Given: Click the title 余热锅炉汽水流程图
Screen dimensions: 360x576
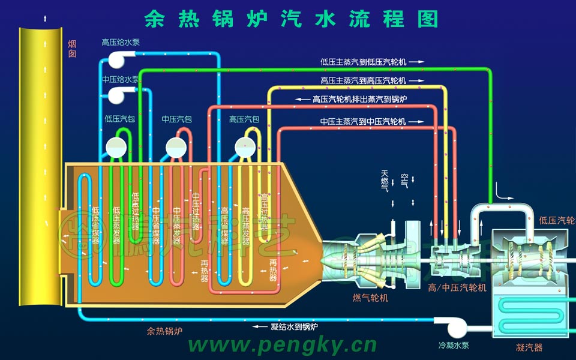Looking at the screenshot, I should [x=292, y=19].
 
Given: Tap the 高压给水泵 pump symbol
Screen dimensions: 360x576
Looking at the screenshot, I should [x=118, y=59].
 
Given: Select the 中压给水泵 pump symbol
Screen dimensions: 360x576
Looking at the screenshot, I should [x=118, y=95].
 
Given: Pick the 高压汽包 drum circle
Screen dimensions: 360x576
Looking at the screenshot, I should [x=244, y=146].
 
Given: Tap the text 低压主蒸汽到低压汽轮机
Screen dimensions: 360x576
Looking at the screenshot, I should [x=364, y=61].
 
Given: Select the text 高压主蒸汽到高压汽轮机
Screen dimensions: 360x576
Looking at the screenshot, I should [x=364, y=80].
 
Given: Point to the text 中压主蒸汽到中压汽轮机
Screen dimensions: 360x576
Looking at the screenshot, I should [x=364, y=122].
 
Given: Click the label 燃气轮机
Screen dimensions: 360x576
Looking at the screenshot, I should [x=370, y=298].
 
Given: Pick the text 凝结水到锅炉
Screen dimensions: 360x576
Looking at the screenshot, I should [x=294, y=327].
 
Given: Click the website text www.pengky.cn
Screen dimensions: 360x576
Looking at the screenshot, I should [x=283, y=346].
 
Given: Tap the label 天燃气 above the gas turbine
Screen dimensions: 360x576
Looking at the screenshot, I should [x=385, y=181].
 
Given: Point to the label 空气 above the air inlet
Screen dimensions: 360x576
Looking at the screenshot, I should [x=404, y=181].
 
